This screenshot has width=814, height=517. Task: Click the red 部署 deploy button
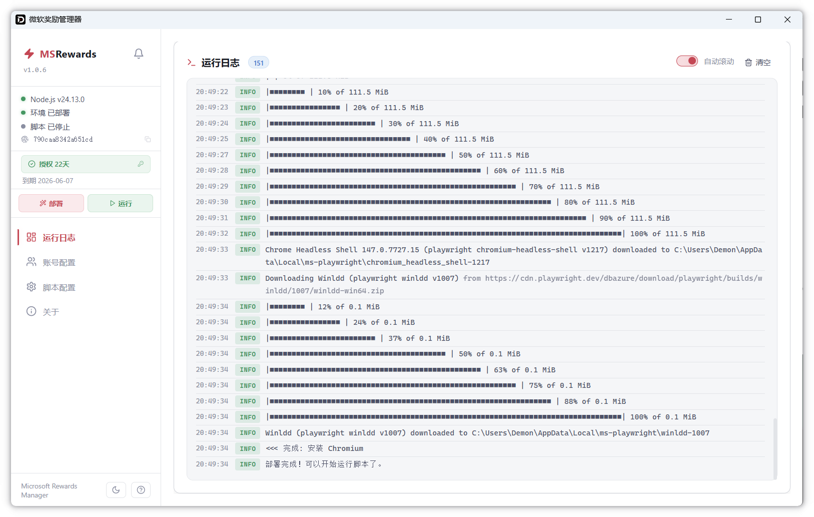coord(51,203)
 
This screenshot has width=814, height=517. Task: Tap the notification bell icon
coord(139,54)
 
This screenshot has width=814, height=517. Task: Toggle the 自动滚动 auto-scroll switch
coord(686,61)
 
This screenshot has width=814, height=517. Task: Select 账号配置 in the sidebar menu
coord(51,262)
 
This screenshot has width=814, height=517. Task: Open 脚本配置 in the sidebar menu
coord(51,287)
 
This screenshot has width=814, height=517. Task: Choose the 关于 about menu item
coord(43,312)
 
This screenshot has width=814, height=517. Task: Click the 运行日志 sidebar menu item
coord(51,237)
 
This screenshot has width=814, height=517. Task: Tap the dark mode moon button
coord(116,490)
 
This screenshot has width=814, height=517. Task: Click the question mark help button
coord(141,490)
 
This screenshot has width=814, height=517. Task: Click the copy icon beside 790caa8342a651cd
coord(148,139)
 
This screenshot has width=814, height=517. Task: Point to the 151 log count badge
coord(258,63)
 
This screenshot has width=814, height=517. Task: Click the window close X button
coord(787,20)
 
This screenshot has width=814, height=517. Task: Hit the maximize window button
coord(757,20)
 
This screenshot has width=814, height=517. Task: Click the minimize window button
coord(728,20)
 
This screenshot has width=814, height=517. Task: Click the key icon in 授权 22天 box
coord(141,164)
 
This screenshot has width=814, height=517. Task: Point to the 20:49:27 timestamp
coord(212,155)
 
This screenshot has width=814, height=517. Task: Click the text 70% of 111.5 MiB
coord(564,187)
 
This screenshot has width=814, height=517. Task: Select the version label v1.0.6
coord(35,70)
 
